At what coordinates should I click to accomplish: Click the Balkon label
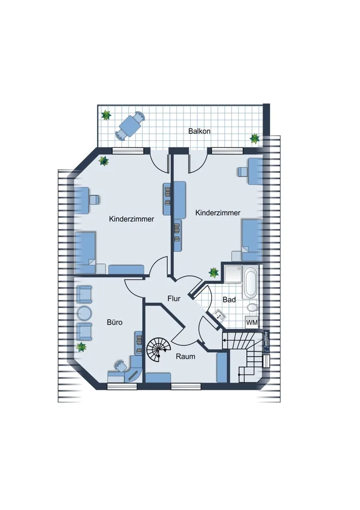[199, 131]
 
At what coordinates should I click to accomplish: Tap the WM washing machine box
[252, 322]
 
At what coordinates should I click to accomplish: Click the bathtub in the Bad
[251, 283]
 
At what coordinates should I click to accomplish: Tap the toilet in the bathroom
[252, 308]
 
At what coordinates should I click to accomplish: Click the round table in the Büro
[85, 313]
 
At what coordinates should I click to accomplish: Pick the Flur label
[174, 298]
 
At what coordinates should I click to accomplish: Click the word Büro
[115, 322]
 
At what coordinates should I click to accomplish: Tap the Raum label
[186, 356]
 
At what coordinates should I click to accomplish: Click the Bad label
[229, 299]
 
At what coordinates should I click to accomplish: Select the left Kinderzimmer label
[132, 219]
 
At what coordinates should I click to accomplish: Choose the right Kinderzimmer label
[218, 213]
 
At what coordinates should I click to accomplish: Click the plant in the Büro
[81, 347]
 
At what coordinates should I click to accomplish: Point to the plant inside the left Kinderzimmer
[104, 160]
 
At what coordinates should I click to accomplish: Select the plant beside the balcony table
[106, 115]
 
